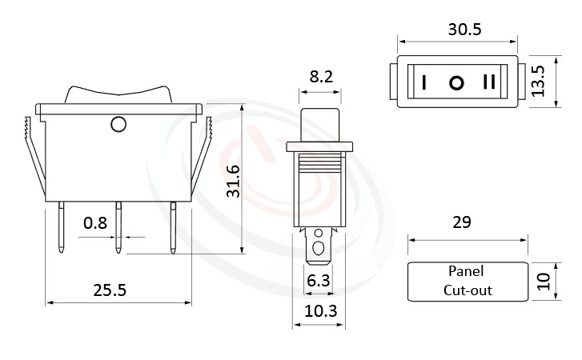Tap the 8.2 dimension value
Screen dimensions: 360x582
click(322, 78)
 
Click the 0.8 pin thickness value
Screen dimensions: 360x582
click(95, 223)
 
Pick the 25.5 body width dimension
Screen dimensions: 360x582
click(110, 290)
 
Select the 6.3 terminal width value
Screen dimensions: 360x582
click(319, 280)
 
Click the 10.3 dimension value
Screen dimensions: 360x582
click(319, 310)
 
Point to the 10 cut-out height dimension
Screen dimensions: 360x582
click(544, 282)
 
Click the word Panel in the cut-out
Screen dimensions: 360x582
click(467, 272)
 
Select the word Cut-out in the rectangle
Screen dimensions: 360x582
click(468, 290)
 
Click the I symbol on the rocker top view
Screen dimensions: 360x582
click(424, 82)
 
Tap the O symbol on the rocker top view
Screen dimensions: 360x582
click(456, 82)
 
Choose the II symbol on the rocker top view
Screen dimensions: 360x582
click(489, 82)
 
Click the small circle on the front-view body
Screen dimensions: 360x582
click(118, 124)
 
